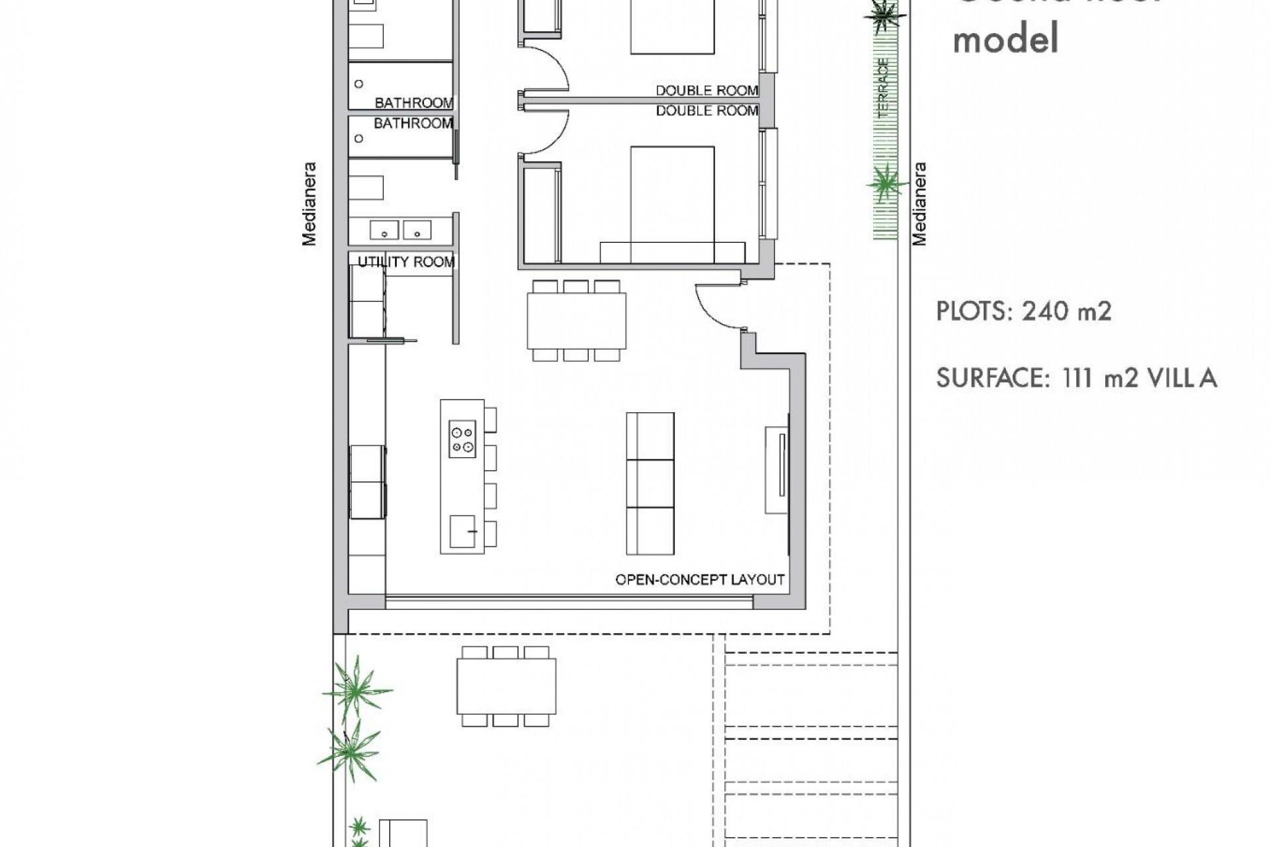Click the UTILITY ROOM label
coord(406,262)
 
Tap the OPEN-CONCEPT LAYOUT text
coord(700,580)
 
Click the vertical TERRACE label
coord(884,89)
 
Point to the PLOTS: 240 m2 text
coord(1023,311)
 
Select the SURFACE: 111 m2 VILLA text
coord(1076,378)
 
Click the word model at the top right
coord(1005,38)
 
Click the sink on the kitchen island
coord(462,531)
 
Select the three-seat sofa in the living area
coord(650,484)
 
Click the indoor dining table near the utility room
coord(576,321)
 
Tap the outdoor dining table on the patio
coord(506,686)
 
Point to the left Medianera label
coord(310,204)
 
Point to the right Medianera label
coord(919,204)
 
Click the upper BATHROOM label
coord(414,103)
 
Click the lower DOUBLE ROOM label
coord(706,111)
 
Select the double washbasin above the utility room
coord(400,230)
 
